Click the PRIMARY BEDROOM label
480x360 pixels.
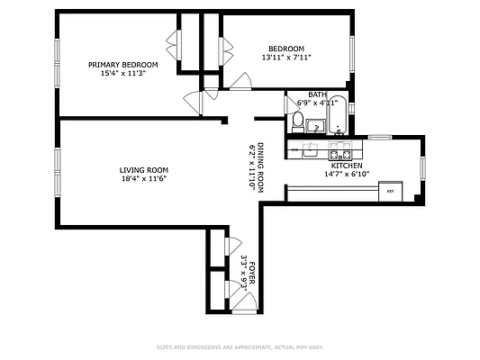click(123, 64)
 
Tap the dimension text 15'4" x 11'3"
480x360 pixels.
click(123, 74)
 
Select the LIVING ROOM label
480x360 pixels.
click(144, 169)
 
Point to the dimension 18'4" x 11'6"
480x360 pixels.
click(144, 179)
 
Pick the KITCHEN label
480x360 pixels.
click(347, 166)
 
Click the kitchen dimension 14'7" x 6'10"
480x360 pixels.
click(347, 175)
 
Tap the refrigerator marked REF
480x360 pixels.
click(390, 191)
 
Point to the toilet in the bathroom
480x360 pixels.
click(298, 121)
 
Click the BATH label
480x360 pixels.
click(317, 94)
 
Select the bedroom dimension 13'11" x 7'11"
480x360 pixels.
click(286, 58)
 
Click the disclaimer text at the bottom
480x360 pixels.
click(240, 346)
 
